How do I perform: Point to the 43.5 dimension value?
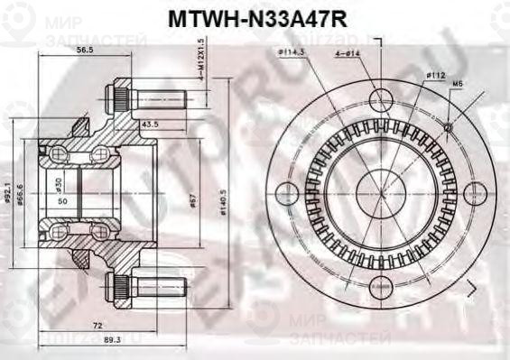150,124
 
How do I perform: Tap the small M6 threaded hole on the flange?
448,127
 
